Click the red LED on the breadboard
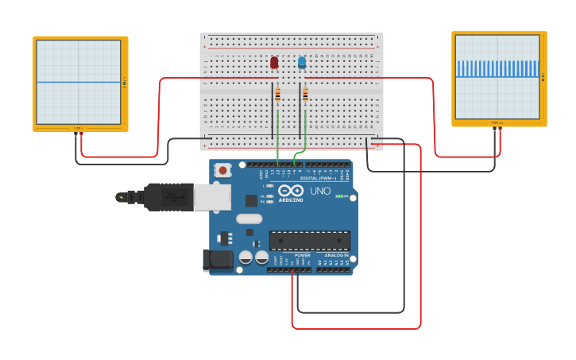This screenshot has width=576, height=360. tap(274, 63)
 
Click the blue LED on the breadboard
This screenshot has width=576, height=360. tap(302, 63)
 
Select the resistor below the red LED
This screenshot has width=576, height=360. tap(277, 95)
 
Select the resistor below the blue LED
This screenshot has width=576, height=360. tap(305, 95)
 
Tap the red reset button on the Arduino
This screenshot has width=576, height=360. tap(224, 170)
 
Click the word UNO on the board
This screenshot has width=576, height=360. tap(319, 192)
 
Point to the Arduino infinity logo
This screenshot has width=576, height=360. tap(291, 191)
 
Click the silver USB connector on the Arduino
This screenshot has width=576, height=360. tap(212, 197)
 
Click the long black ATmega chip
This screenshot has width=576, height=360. tap(309, 240)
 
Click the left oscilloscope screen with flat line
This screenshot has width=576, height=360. tap(79, 82)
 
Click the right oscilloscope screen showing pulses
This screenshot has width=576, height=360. tap(497, 77)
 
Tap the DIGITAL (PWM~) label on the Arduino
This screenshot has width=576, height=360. tap(319, 178)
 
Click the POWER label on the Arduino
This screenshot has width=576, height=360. tap(302, 255)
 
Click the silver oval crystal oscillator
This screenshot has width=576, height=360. tap(249, 219)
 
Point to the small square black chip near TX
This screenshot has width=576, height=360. tap(251, 200)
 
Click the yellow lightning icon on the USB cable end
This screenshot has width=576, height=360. tap(121, 196)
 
